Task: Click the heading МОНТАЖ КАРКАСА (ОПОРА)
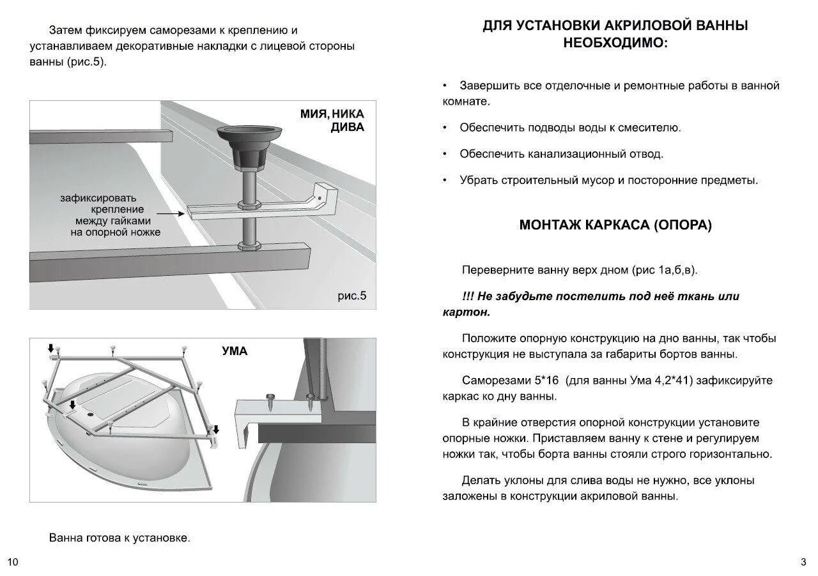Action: (x=615, y=225)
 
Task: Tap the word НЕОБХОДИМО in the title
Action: (x=615, y=43)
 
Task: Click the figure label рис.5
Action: (x=352, y=296)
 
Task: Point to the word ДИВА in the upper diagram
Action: (x=348, y=127)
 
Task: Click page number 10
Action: (x=13, y=562)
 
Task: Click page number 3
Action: (x=803, y=562)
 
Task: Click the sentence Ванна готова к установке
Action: (x=120, y=538)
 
